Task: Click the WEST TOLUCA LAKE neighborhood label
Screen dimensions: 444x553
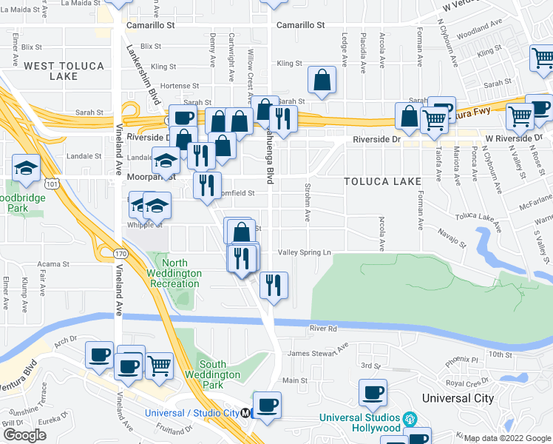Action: click(x=64, y=71)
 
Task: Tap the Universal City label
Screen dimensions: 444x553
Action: click(x=458, y=398)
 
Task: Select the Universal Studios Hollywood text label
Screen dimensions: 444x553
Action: click(x=360, y=423)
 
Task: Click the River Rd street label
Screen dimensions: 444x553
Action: click(x=323, y=329)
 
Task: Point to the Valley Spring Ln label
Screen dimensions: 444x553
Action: click(x=305, y=252)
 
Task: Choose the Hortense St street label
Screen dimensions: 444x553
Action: click(x=174, y=86)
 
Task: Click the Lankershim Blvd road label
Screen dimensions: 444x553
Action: click(x=143, y=74)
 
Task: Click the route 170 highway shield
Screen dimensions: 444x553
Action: click(x=118, y=254)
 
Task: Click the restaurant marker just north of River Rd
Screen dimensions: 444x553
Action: click(x=274, y=286)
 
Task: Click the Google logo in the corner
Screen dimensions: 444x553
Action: click(x=24, y=435)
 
